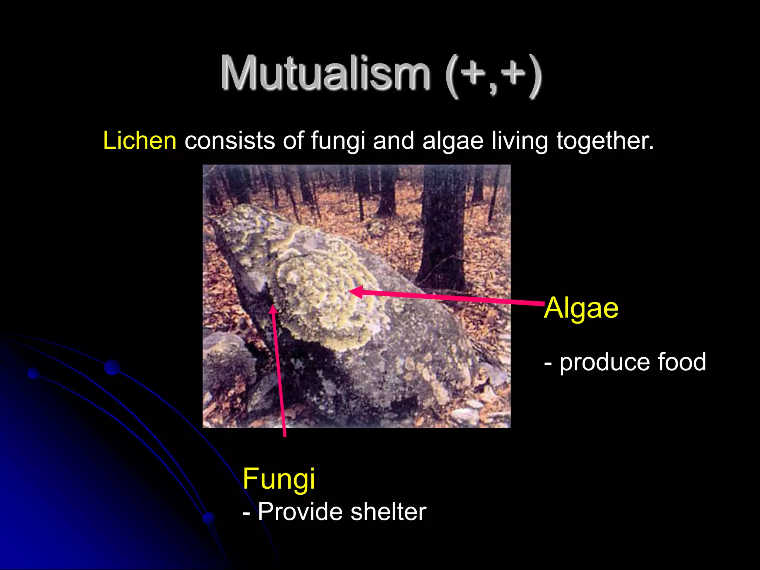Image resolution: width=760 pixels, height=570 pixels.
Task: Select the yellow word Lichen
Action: (140, 141)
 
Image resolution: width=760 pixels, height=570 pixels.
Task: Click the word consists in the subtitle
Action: (230, 141)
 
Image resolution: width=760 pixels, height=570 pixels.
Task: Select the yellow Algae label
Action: (581, 308)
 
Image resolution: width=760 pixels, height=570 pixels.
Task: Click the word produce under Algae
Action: (605, 363)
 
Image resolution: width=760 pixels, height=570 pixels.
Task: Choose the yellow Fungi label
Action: (279, 479)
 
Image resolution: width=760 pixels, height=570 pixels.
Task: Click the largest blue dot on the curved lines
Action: (112, 367)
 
